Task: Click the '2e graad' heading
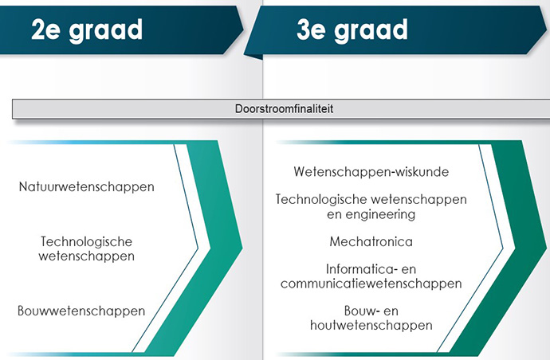(87, 30)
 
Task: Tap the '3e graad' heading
(352, 30)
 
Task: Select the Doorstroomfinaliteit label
(284, 108)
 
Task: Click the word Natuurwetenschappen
(87, 187)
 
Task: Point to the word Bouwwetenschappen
(81, 311)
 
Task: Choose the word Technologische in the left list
(87, 241)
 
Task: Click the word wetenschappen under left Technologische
(87, 256)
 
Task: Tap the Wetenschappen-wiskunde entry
(371, 172)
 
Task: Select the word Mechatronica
(371, 241)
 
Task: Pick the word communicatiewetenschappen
(371, 284)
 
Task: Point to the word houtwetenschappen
(371, 325)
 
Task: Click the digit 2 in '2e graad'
(38, 29)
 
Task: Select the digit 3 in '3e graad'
(304, 29)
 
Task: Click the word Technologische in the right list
(321, 199)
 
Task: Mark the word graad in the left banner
(106, 31)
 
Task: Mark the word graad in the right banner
(371, 31)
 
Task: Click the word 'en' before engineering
(334, 214)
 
